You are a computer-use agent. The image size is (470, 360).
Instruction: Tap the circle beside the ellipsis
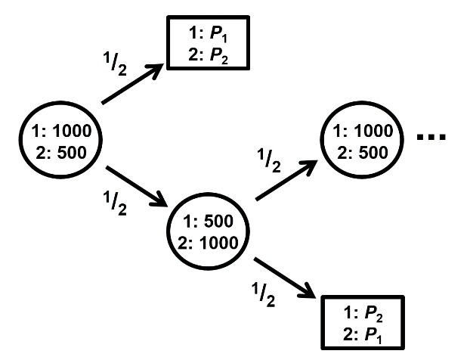tap(359, 139)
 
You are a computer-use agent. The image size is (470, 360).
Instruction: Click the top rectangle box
tap(209, 47)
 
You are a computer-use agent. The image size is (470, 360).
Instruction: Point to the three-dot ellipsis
tap(432, 138)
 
